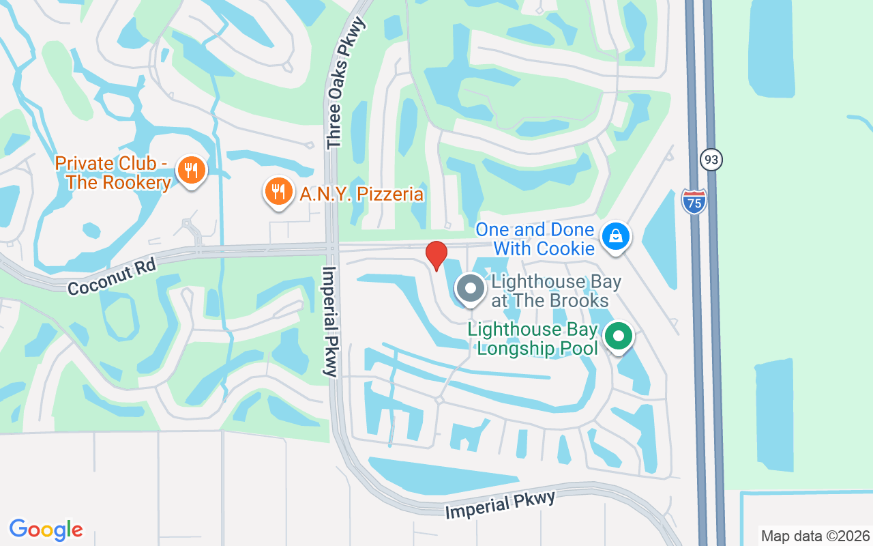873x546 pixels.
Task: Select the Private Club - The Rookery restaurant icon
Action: click(191, 169)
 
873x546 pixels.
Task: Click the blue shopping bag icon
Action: click(616, 236)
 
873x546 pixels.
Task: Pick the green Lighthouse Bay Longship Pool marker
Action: click(619, 336)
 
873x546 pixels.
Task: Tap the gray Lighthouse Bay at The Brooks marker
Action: click(470, 289)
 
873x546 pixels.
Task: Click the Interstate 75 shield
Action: click(694, 201)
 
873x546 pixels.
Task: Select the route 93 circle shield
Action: click(711, 160)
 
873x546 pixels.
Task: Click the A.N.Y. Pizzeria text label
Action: click(361, 195)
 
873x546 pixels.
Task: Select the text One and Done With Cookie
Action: click(535, 240)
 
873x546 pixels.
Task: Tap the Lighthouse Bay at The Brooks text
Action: click(550, 291)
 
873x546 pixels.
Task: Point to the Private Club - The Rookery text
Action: click(113, 173)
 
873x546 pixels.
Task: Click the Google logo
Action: click(46, 529)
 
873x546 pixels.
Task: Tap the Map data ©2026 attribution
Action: click(815, 536)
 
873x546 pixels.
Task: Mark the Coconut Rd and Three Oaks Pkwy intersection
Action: click(331, 248)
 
